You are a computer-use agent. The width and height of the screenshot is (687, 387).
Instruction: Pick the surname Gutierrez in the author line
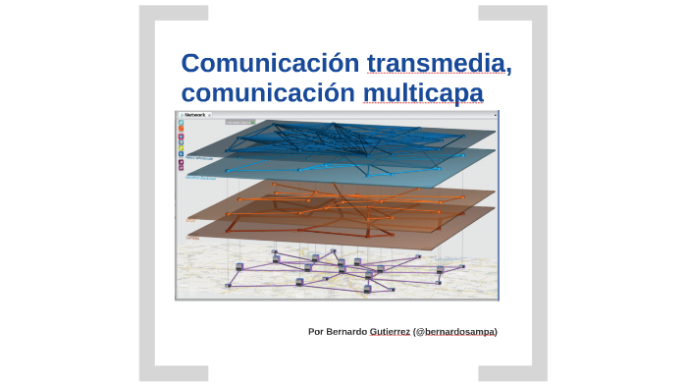(390, 332)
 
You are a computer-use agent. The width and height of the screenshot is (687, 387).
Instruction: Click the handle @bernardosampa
(455, 332)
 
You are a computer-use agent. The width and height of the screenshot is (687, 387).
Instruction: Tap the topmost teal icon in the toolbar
(181, 123)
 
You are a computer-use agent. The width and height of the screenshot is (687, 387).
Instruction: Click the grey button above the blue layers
(238, 123)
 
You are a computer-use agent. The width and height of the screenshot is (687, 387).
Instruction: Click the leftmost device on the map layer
(228, 285)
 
